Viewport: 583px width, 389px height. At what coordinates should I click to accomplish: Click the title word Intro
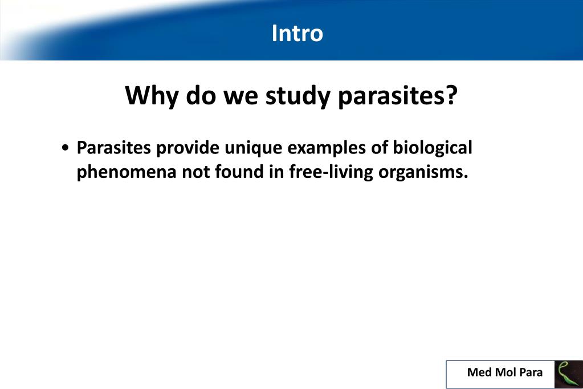[297, 33]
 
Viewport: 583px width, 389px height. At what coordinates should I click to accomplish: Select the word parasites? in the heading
[398, 96]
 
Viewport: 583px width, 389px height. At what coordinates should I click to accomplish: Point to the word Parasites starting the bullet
[114, 148]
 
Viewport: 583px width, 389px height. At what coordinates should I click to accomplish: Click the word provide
[187, 148]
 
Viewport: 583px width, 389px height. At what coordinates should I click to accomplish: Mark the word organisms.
[422, 172]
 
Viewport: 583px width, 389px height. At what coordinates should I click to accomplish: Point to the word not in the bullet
[195, 172]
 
